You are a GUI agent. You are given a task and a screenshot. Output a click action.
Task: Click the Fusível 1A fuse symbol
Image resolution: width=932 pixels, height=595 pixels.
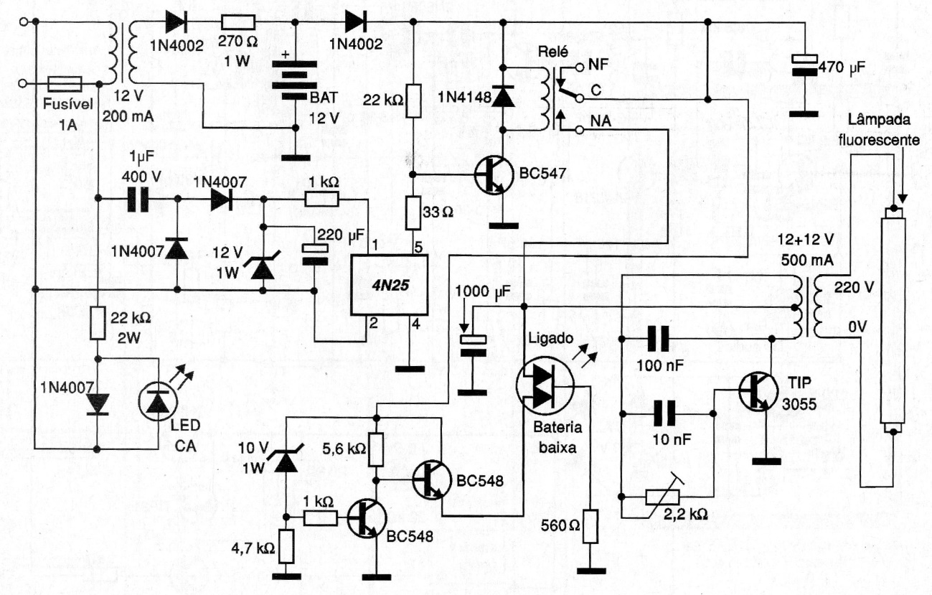(x=64, y=83)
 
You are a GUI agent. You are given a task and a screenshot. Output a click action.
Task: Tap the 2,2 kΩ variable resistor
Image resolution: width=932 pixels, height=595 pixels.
(x=667, y=496)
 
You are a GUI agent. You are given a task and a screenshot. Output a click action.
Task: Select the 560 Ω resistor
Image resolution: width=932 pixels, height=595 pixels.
(x=590, y=526)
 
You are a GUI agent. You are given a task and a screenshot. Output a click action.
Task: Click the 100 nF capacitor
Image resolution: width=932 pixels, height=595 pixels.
(x=659, y=337)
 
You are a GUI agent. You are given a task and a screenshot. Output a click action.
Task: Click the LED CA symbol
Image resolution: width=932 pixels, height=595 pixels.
(x=155, y=402)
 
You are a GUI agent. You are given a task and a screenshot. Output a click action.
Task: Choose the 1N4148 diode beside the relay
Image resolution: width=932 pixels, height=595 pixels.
(x=503, y=97)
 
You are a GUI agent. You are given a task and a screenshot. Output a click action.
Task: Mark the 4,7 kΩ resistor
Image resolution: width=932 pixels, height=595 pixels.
(x=287, y=547)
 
